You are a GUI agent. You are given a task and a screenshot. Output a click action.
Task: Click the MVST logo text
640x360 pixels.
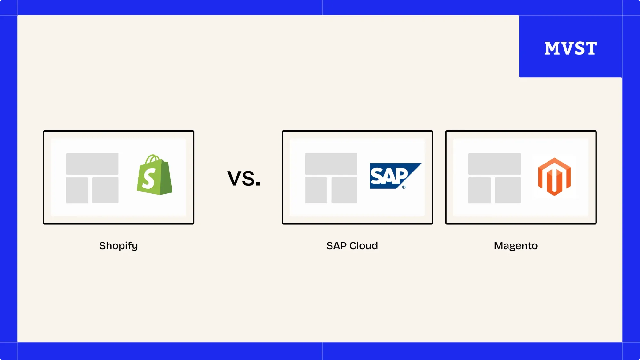(571, 48)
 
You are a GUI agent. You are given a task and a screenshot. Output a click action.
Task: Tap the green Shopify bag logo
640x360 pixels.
(155, 175)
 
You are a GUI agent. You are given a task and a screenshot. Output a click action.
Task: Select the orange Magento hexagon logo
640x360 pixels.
(554, 177)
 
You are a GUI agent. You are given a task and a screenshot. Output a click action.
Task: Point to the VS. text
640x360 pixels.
(244, 178)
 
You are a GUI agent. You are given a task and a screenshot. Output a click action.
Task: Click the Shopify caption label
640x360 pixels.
(118, 246)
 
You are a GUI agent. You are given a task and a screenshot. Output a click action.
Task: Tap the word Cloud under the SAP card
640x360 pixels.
(364, 246)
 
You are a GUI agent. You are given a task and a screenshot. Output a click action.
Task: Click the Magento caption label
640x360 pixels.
(516, 246)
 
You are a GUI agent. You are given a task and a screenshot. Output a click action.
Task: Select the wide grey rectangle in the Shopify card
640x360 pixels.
(92, 164)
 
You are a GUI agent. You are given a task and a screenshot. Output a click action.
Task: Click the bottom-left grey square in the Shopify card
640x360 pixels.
(77, 190)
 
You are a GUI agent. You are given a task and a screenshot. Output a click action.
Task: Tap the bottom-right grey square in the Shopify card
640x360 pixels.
(105, 190)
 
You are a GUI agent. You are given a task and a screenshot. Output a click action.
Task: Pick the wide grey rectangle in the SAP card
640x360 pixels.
(331, 164)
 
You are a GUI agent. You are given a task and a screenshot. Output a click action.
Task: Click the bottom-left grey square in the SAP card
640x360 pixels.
(316, 190)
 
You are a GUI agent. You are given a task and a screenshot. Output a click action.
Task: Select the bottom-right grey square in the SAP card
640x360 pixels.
(344, 190)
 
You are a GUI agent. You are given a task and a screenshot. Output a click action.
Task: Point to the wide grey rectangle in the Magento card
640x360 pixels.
(494, 164)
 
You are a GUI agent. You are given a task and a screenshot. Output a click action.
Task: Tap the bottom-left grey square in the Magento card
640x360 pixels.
(479, 190)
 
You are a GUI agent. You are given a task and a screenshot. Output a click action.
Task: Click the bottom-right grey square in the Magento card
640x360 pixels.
(508, 190)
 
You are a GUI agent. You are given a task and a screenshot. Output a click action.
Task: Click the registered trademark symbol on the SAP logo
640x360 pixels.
(404, 187)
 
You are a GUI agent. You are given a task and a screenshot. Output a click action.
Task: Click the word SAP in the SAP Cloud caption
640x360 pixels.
(336, 246)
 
